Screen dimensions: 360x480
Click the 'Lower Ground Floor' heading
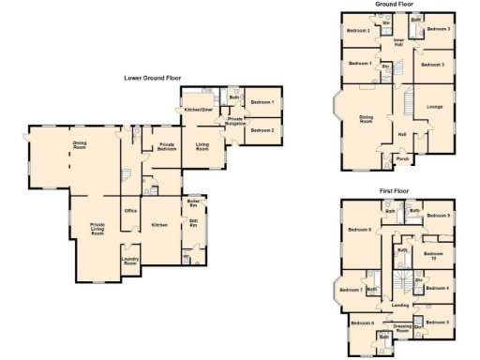(x=153, y=78)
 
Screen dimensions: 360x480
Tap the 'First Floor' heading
(x=394, y=190)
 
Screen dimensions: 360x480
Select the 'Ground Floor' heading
(x=394, y=4)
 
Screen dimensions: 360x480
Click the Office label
(x=130, y=211)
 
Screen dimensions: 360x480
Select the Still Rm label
(x=193, y=224)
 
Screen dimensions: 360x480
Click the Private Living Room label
(x=97, y=229)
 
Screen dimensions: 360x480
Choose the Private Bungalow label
(x=235, y=121)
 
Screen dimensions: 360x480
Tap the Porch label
(x=403, y=159)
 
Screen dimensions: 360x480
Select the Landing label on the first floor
(x=399, y=305)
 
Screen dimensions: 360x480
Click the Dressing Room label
(x=402, y=329)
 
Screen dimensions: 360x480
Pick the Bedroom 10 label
(x=432, y=255)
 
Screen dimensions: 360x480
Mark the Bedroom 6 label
(x=360, y=323)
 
